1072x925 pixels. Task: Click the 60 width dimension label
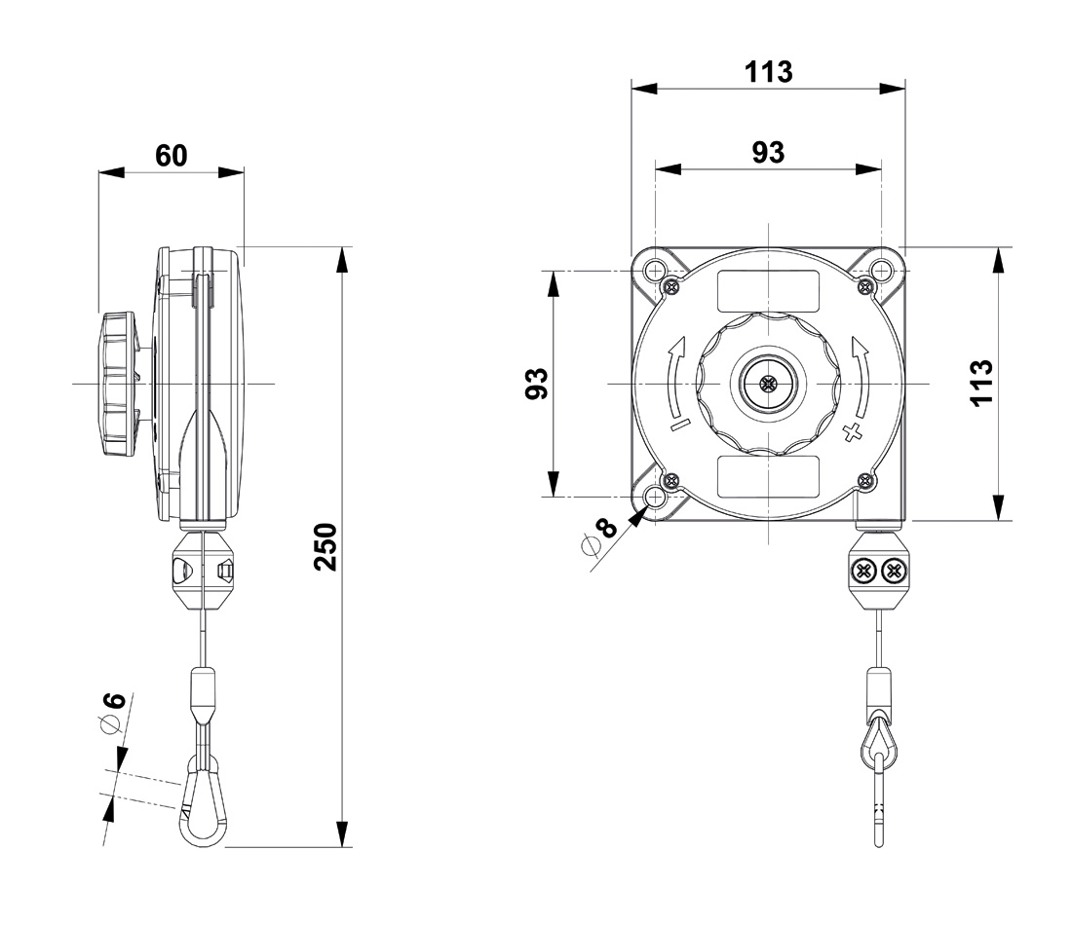tap(171, 156)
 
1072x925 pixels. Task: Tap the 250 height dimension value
tap(326, 546)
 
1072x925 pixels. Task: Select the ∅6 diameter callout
tap(113, 713)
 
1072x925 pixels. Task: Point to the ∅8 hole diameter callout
tap(599, 536)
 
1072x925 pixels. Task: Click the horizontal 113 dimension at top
tap(769, 72)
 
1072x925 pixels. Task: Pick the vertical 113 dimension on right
tap(981, 383)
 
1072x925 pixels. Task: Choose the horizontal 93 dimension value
tap(769, 152)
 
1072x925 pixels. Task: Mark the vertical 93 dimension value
tap(537, 384)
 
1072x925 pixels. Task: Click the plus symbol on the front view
tap(852, 432)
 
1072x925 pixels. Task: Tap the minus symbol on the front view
tap(681, 425)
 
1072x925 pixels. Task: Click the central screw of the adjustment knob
tap(769, 384)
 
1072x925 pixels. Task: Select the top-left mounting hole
tap(654, 271)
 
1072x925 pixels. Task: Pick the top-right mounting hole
tap(882, 271)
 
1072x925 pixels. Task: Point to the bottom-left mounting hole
tap(654, 498)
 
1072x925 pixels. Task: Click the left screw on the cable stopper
tap(863, 570)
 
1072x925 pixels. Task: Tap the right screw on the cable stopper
tap(892, 570)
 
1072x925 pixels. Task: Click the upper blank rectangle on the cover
tap(768, 290)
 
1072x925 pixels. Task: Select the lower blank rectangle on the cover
tap(768, 476)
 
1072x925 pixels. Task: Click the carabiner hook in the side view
tap(203, 799)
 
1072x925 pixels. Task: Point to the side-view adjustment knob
tap(119, 384)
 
